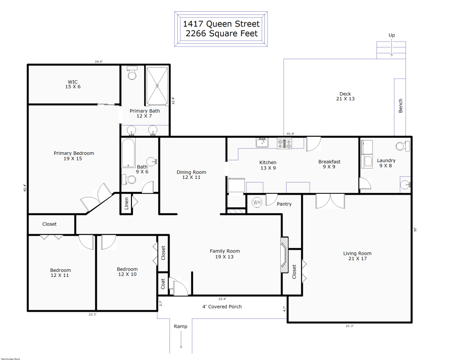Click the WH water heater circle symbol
[257, 202]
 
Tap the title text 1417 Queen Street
[221, 23]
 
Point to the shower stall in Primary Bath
[157, 85]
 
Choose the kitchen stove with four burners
[284, 144]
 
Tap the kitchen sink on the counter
[262, 143]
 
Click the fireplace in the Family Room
[284, 255]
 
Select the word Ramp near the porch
[180, 326]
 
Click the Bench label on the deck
[400, 106]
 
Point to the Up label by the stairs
[392, 35]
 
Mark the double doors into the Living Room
[330, 201]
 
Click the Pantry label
[284, 204]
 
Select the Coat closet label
[163, 284]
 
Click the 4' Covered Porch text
[221, 307]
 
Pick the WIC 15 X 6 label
[73, 84]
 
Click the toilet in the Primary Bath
[132, 73]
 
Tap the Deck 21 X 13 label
[345, 96]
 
